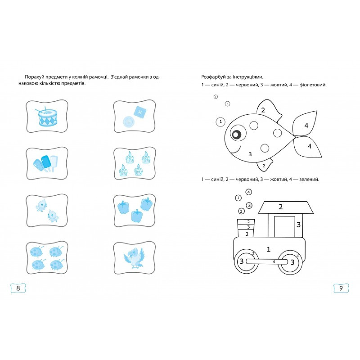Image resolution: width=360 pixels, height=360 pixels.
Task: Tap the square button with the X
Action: [140, 112]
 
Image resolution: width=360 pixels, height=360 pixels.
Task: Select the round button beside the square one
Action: [129, 122]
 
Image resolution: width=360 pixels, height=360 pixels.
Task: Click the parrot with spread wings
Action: [133, 258]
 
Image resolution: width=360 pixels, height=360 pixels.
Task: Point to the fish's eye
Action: [238, 133]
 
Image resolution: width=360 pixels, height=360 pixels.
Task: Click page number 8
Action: [18, 288]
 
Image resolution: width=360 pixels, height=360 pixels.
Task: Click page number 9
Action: [341, 288]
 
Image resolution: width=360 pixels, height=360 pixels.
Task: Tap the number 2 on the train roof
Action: [280, 207]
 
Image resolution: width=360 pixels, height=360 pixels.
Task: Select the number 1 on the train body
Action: [268, 249]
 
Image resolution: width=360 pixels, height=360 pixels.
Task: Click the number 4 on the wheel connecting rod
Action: [274, 262]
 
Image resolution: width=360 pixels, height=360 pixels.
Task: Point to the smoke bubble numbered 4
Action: [248, 192]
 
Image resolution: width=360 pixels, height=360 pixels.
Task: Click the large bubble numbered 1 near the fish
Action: [220, 121]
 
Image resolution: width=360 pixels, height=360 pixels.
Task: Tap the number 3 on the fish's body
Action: [250, 154]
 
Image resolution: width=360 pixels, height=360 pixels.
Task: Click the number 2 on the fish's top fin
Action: [263, 110]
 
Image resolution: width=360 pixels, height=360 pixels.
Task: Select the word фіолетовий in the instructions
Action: [313, 85]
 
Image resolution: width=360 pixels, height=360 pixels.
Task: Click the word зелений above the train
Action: [309, 179]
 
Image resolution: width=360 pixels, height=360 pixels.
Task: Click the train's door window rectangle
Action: [284, 226]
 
